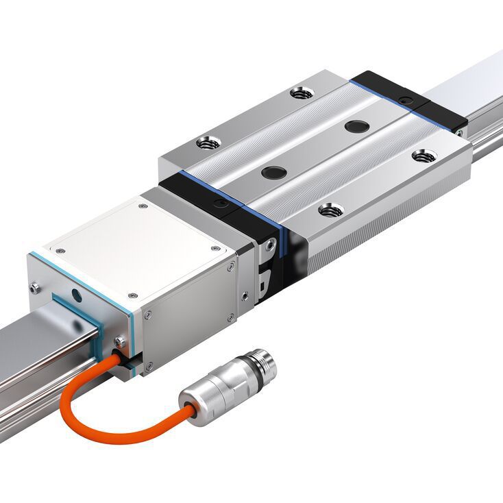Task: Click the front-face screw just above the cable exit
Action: coord(121,341)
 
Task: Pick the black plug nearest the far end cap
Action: coord(356,126)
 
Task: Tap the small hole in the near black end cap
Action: coord(219,204)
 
